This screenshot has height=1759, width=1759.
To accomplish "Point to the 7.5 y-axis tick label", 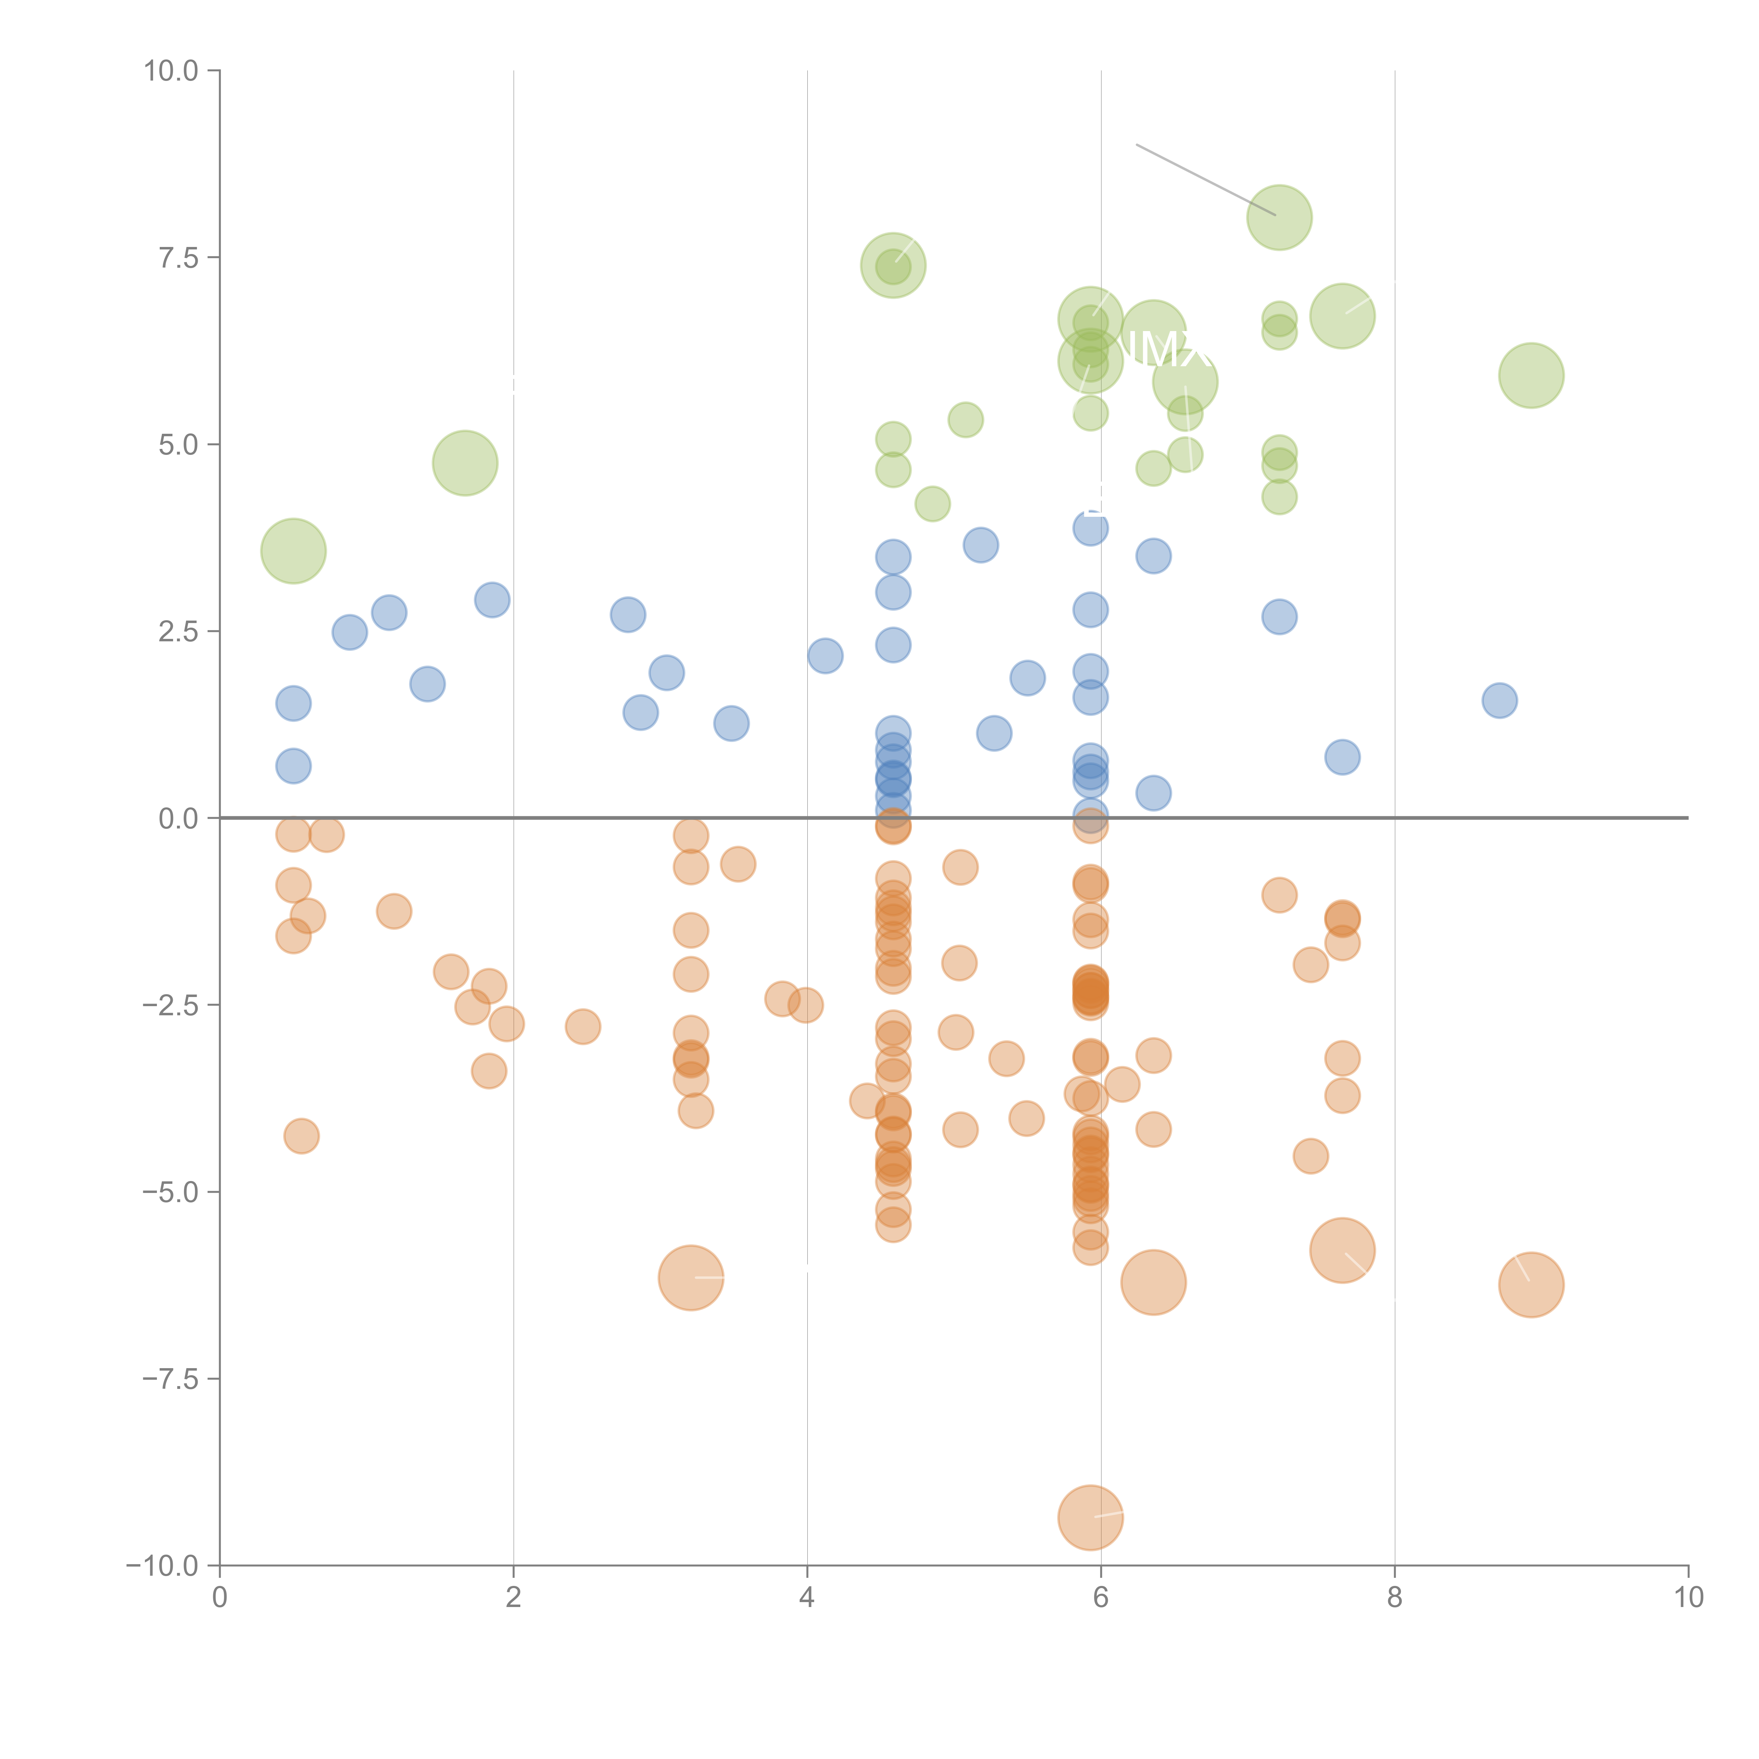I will tap(178, 258).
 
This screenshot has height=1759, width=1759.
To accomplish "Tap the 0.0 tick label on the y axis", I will tap(178, 819).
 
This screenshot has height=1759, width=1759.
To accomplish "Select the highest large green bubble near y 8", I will tap(1279, 217).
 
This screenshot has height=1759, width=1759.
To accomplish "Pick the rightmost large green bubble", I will tap(1531, 375).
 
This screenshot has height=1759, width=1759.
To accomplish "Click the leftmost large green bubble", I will tap(293, 551).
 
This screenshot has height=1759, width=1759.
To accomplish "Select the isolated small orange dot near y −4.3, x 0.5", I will tap(301, 1135).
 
